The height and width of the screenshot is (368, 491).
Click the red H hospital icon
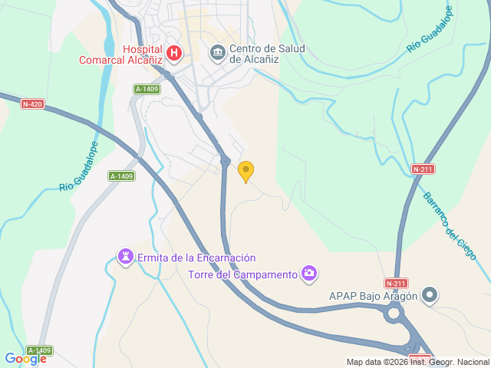pos(175,53)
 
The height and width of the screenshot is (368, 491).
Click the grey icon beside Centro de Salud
pos(217,52)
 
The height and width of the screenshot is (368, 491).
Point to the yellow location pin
pos(245,172)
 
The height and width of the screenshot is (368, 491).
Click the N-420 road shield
pos(31,103)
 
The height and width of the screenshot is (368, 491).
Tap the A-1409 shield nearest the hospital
pos(147,89)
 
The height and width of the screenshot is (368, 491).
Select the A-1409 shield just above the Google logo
pos(39,350)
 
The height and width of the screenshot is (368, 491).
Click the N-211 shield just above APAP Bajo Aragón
pos(397,283)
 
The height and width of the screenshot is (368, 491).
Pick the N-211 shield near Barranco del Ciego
pos(423,169)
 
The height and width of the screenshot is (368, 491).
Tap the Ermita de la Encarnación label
pos(196,258)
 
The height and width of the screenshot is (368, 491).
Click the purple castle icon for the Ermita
pos(125,255)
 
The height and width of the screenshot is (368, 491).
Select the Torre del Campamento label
pos(242,274)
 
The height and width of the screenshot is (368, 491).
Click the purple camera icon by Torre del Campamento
pos(309,273)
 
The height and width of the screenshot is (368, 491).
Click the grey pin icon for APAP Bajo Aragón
pos(430,295)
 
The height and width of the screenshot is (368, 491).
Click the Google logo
pos(25,358)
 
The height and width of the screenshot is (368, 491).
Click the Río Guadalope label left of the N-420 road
pos(78,166)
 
